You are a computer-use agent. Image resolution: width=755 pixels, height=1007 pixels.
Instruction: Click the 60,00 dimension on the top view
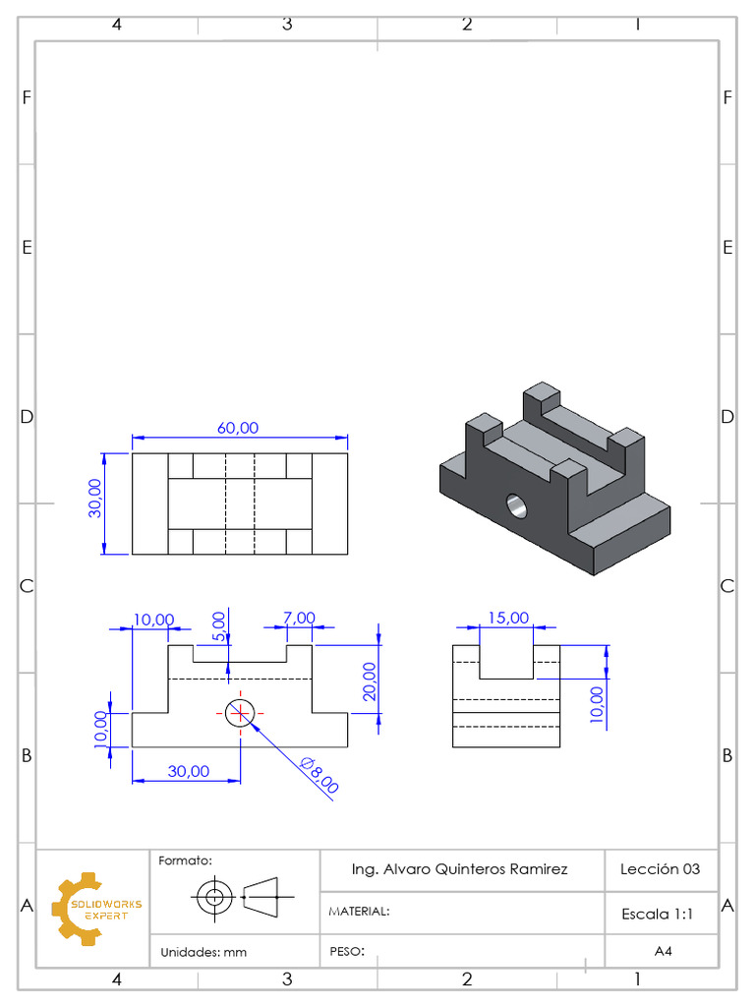pyautogui.click(x=238, y=428)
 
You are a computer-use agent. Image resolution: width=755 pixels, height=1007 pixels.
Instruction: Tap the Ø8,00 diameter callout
pyautogui.click(x=319, y=775)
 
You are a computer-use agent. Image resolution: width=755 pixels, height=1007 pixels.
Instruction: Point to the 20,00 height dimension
pyautogui.click(x=369, y=680)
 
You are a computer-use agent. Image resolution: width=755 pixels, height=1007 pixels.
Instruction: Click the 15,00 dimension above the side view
pyautogui.click(x=508, y=618)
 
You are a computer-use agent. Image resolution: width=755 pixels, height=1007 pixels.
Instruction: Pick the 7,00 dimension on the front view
pyautogui.click(x=299, y=618)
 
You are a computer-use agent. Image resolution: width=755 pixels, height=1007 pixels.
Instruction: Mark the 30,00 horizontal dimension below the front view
pyautogui.click(x=188, y=771)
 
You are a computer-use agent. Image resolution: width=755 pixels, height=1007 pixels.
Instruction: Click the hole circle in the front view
pyautogui.click(x=239, y=712)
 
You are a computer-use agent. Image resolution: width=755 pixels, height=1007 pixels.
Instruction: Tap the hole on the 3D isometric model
pyautogui.click(x=516, y=506)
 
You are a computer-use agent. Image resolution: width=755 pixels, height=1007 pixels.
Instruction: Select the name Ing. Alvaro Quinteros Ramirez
pyautogui.click(x=459, y=869)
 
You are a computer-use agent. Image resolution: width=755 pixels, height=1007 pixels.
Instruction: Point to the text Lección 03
pyautogui.click(x=660, y=869)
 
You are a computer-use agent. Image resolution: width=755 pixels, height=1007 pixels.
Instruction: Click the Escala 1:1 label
pyautogui.click(x=658, y=914)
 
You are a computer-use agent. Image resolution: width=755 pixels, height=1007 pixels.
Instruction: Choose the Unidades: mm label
pyautogui.click(x=203, y=952)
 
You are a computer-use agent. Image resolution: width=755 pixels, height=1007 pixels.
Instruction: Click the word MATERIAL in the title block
pyautogui.click(x=358, y=912)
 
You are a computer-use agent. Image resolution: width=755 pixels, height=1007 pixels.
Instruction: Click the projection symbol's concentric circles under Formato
pyautogui.click(x=212, y=897)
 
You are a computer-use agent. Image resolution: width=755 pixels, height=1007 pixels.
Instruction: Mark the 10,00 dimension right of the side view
pyautogui.click(x=596, y=704)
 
